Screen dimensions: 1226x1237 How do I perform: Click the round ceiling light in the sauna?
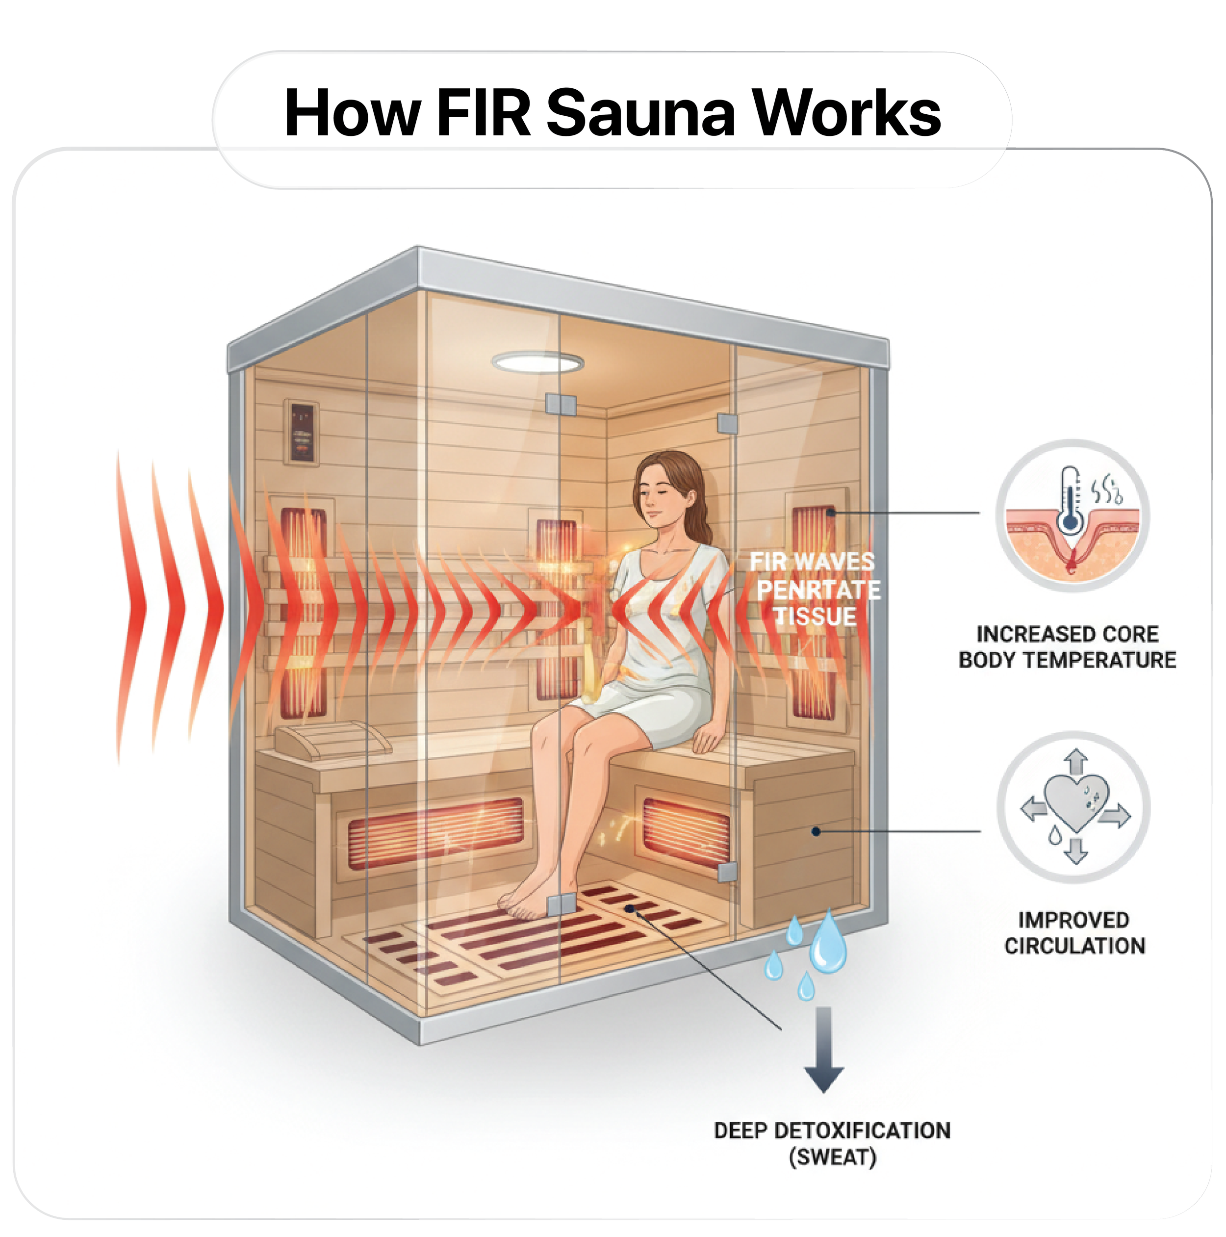538,362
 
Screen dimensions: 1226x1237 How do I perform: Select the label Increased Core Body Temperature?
1067,646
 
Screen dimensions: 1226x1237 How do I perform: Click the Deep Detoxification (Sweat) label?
832,1143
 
